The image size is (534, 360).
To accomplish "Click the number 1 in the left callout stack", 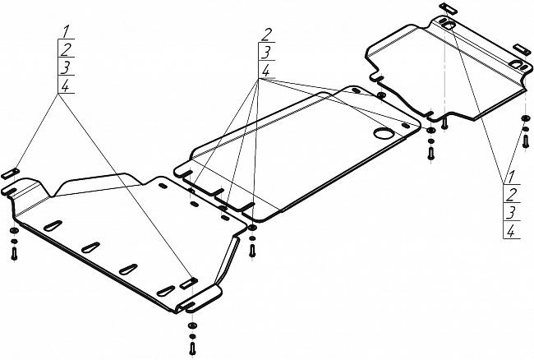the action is pyautogui.click(x=67, y=31).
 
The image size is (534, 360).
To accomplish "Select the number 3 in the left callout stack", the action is pyautogui.click(x=66, y=67).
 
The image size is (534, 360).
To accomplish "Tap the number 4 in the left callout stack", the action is pyautogui.click(x=65, y=85).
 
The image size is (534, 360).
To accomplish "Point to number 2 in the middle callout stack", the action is pyautogui.click(x=267, y=35).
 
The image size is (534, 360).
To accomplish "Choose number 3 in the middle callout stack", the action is pyautogui.click(x=266, y=53).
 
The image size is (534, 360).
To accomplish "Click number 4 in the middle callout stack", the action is pyautogui.click(x=265, y=72).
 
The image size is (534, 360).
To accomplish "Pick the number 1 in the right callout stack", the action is pyautogui.click(x=512, y=177).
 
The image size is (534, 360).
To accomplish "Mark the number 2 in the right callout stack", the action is pyautogui.click(x=512, y=195).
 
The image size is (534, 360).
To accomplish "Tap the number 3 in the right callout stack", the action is pyautogui.click(x=511, y=213).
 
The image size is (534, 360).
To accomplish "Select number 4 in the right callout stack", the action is pyautogui.click(x=510, y=232).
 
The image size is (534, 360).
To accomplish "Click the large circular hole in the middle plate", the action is pyautogui.click(x=384, y=133).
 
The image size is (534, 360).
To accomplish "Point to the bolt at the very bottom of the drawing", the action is pyautogui.click(x=192, y=348).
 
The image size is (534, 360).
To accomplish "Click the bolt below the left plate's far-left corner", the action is pyautogui.click(x=14, y=253).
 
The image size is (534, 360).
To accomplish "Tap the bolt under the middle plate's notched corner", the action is pyautogui.click(x=252, y=251).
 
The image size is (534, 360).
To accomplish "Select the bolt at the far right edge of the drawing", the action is pyautogui.click(x=526, y=141).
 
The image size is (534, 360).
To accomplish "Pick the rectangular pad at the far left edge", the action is pyautogui.click(x=10, y=173).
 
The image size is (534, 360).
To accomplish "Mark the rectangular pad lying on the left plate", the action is pyautogui.click(x=189, y=284).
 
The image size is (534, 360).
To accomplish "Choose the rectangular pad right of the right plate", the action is pyautogui.click(x=522, y=49).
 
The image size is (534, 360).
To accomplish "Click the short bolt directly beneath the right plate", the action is pyautogui.click(x=444, y=123).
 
